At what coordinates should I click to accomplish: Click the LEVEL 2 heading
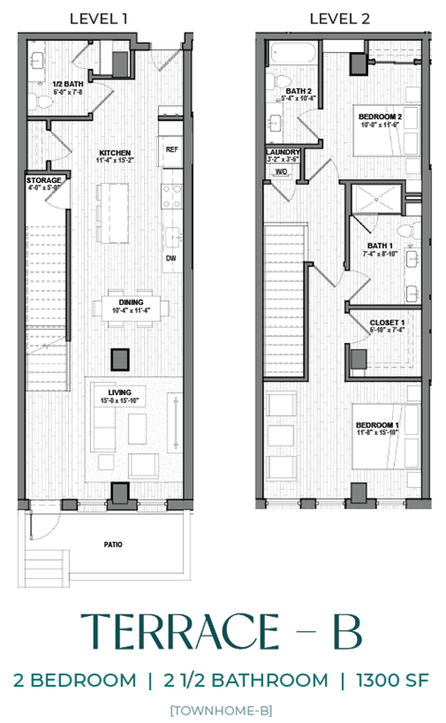[339, 19]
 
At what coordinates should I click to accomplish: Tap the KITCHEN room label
[115, 152]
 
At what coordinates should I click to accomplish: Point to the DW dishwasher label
[171, 258]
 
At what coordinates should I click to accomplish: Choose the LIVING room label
[120, 393]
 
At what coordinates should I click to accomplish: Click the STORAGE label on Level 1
[44, 179]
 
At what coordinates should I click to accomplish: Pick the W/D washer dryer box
[281, 171]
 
